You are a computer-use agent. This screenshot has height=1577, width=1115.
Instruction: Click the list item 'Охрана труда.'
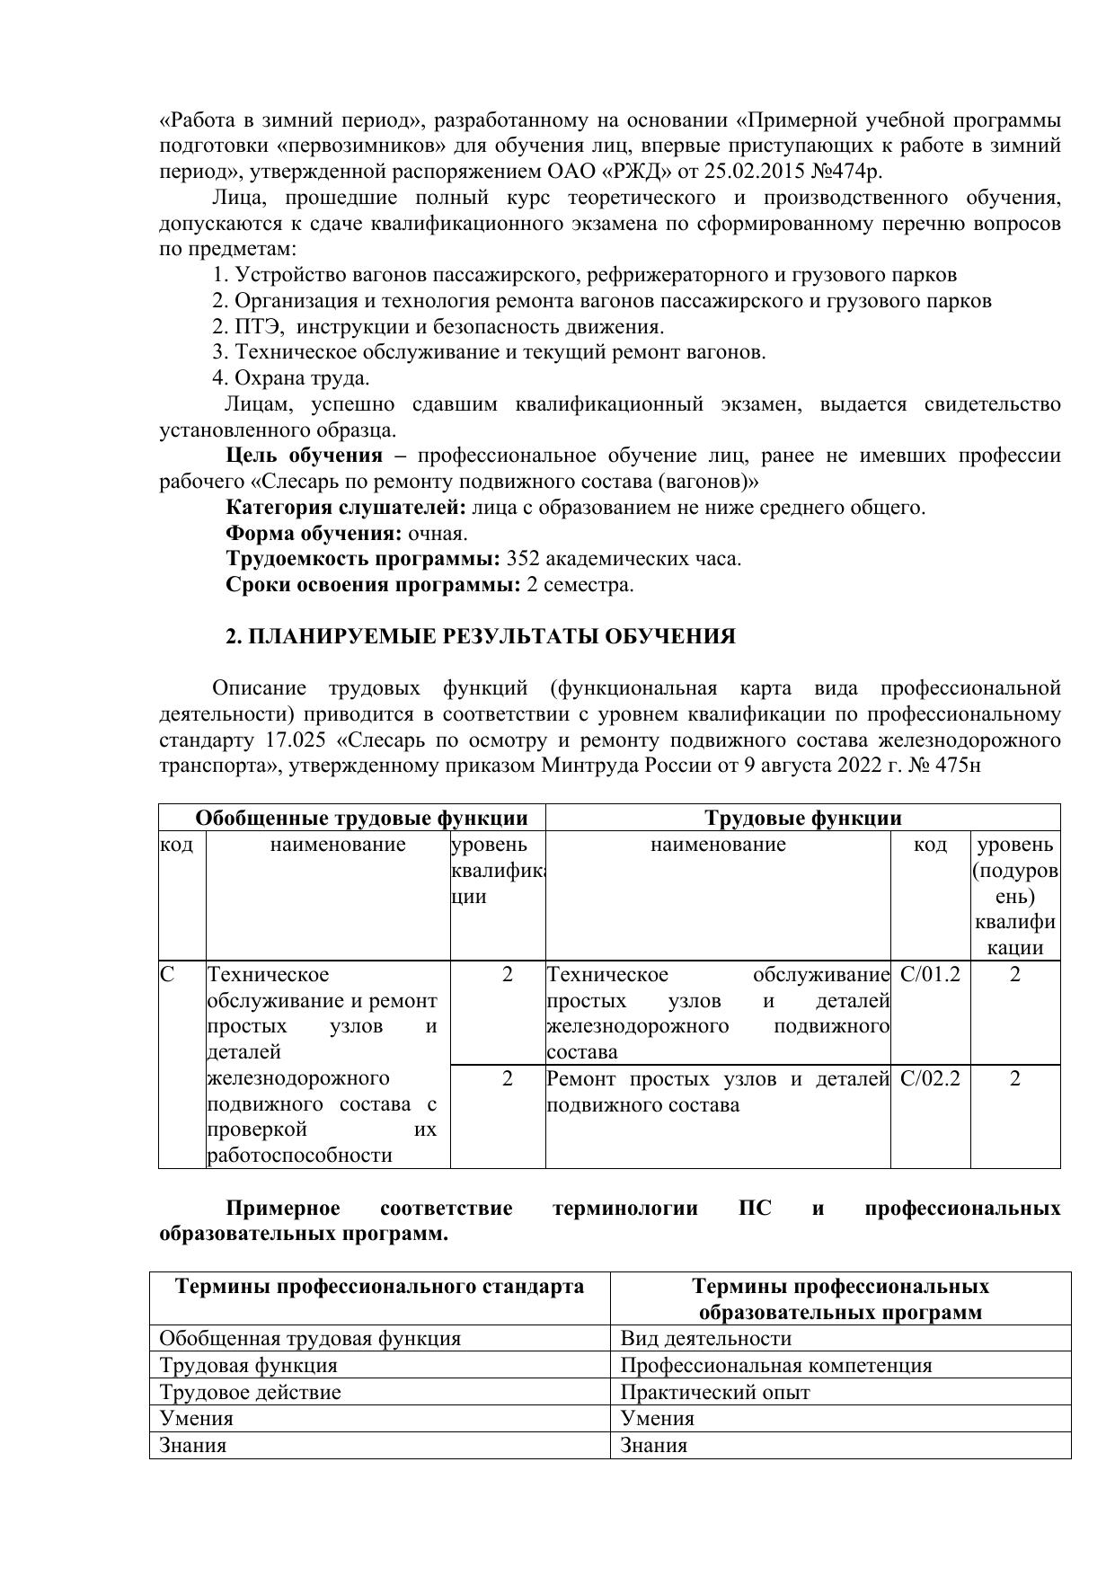click(x=291, y=378)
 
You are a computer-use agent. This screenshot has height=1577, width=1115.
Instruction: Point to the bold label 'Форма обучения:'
click(x=314, y=534)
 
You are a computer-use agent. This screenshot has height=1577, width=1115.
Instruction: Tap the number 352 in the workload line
click(x=524, y=559)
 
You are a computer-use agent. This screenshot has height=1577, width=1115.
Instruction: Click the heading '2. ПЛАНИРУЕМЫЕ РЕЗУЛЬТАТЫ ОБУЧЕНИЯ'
click(x=480, y=637)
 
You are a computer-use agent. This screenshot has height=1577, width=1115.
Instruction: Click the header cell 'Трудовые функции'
click(x=802, y=819)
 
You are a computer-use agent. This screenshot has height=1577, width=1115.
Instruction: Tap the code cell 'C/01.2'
click(x=930, y=975)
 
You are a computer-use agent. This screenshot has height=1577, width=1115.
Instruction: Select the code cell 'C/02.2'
click(x=930, y=1078)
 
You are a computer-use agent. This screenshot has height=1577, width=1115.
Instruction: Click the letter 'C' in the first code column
click(x=167, y=975)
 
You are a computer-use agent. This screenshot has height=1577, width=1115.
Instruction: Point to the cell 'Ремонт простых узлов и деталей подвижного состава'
click(x=717, y=1092)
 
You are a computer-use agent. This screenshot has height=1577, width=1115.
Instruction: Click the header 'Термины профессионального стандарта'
click(x=379, y=1287)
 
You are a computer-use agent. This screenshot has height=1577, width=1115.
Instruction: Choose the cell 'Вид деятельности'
click(x=706, y=1339)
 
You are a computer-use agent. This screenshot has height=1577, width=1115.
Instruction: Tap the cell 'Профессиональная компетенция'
click(x=776, y=1366)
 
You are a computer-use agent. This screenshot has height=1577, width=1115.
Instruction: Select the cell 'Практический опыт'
click(x=715, y=1393)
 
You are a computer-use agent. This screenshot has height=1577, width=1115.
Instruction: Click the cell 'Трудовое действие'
click(x=250, y=1393)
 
